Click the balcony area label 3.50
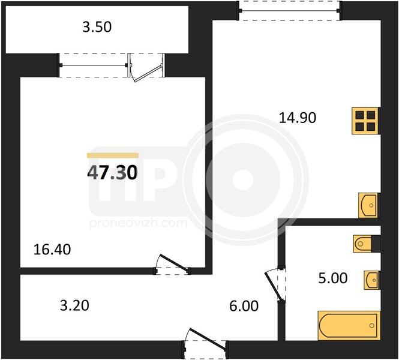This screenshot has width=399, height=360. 97,27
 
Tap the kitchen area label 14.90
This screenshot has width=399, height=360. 298,118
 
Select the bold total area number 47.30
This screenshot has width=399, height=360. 112,172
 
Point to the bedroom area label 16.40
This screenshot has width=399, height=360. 52,250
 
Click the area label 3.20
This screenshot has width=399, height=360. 74,305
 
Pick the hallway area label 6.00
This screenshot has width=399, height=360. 244,306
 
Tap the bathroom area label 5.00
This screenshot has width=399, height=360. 333,278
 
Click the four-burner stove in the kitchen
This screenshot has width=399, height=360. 365,121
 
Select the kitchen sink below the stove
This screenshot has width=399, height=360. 369,205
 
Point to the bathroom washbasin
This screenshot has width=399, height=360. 372,280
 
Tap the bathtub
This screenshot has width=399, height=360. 349,325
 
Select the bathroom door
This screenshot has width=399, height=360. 275,284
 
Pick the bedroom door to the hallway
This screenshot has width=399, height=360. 172,265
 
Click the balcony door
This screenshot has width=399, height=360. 146,67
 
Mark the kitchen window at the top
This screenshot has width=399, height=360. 289,11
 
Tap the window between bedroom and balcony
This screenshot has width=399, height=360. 94,65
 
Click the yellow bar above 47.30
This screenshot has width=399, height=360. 113,155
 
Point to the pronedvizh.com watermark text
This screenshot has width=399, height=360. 139,223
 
